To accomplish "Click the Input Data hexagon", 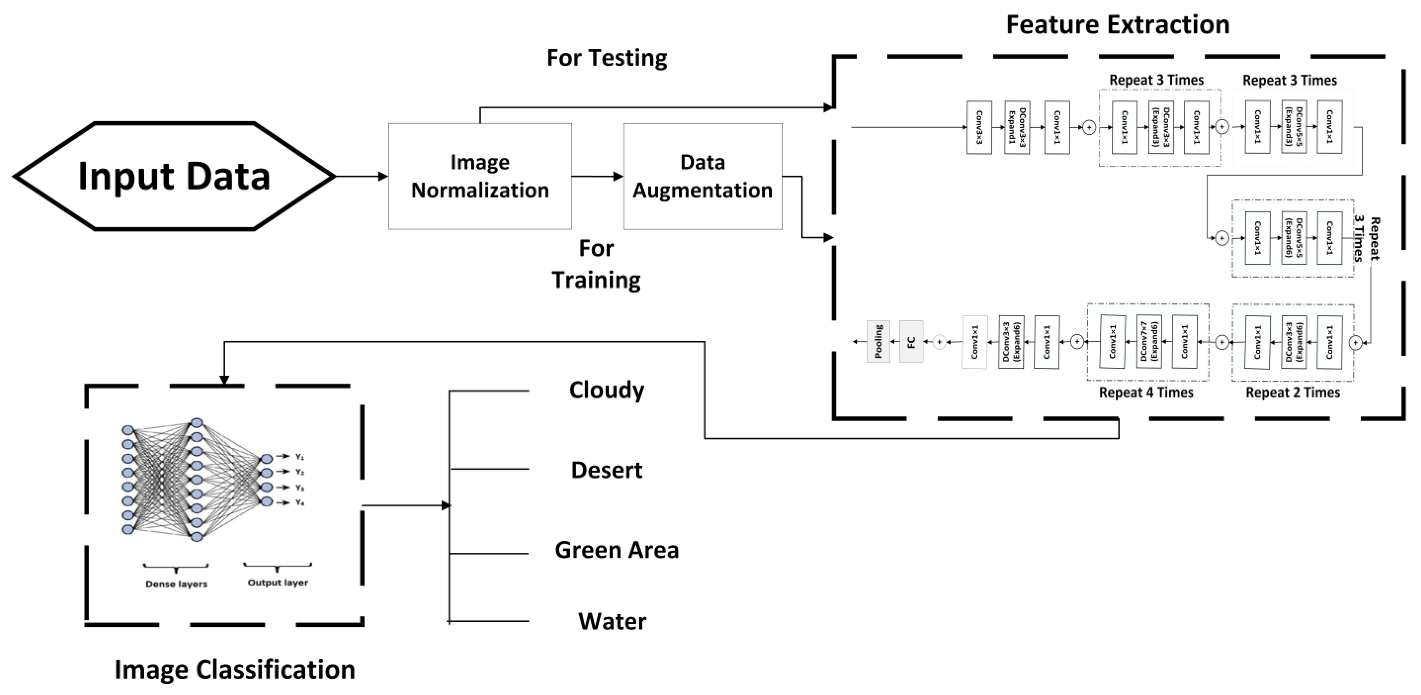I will coord(174,176).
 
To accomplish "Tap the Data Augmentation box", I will coord(702,176).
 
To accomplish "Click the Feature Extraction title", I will coord(1118,25).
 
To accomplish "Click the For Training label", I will coord(596,264).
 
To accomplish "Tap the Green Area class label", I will coord(617,550).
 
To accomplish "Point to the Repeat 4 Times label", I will coord(1146,392).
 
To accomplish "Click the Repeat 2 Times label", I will coord(1293,392).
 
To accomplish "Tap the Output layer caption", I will coord(277,582).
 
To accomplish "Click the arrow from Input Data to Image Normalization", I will coord(361,176).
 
